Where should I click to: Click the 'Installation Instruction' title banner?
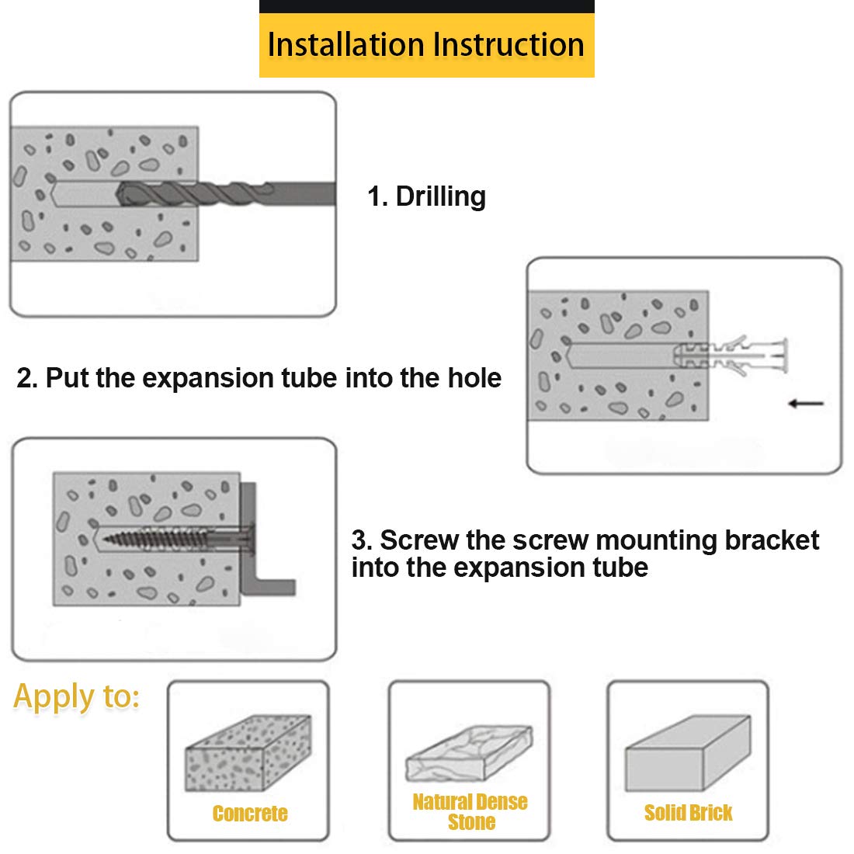[426, 45]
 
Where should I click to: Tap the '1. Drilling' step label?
[426, 196]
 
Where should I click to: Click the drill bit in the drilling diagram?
[225, 194]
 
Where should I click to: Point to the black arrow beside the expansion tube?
[806, 404]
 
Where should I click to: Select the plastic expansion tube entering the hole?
[731, 356]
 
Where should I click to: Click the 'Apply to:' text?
[76, 696]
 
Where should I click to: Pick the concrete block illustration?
[248, 753]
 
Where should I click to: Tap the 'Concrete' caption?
[250, 813]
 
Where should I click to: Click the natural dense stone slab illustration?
[469, 753]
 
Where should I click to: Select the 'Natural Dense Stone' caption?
[470, 811]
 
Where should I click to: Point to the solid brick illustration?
[688, 753]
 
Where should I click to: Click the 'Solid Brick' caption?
[688, 813]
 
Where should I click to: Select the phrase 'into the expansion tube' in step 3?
[500, 568]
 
